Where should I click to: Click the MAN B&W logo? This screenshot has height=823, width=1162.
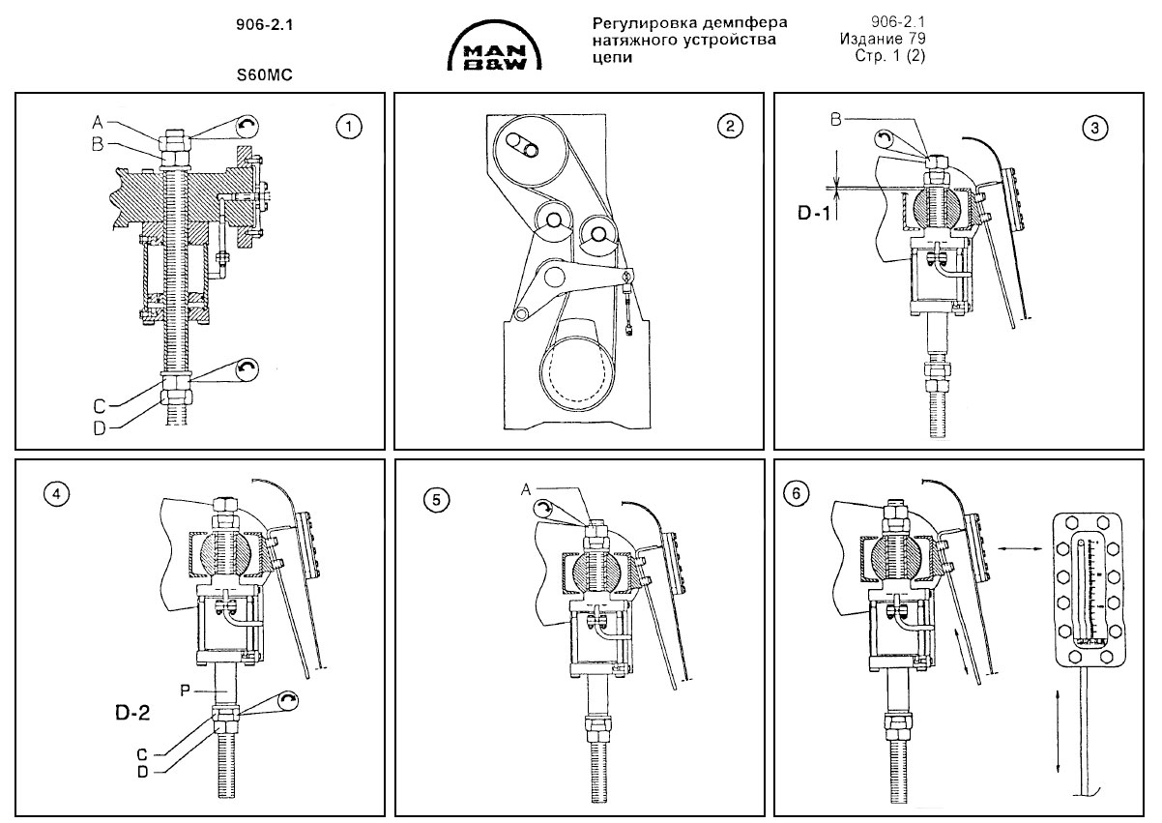494,49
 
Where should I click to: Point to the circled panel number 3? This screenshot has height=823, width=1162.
1093,128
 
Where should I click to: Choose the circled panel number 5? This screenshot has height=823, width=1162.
437,500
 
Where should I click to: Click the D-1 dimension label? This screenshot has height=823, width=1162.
813,212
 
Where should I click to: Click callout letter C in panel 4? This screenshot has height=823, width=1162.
142,752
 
